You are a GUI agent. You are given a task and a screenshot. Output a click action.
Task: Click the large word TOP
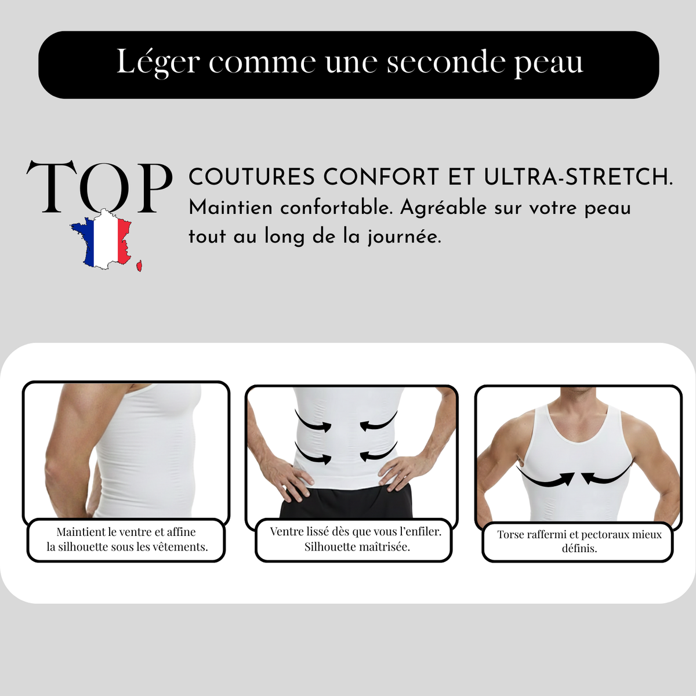click(99, 187)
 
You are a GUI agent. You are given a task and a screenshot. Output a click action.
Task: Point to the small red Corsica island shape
click(139, 266)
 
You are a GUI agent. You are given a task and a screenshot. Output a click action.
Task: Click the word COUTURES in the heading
click(252, 177)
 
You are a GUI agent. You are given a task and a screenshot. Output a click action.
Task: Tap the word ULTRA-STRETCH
click(578, 177)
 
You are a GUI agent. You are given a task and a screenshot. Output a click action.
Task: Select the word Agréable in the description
click(443, 208)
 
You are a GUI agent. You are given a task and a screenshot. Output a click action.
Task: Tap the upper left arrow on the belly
click(313, 422)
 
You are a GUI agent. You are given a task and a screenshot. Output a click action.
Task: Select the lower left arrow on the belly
click(313, 453)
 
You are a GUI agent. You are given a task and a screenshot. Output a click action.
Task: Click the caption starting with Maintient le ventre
click(126, 539)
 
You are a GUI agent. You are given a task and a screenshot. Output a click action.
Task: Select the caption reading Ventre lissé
click(355, 539)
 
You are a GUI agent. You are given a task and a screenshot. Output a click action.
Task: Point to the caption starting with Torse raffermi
click(579, 541)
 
